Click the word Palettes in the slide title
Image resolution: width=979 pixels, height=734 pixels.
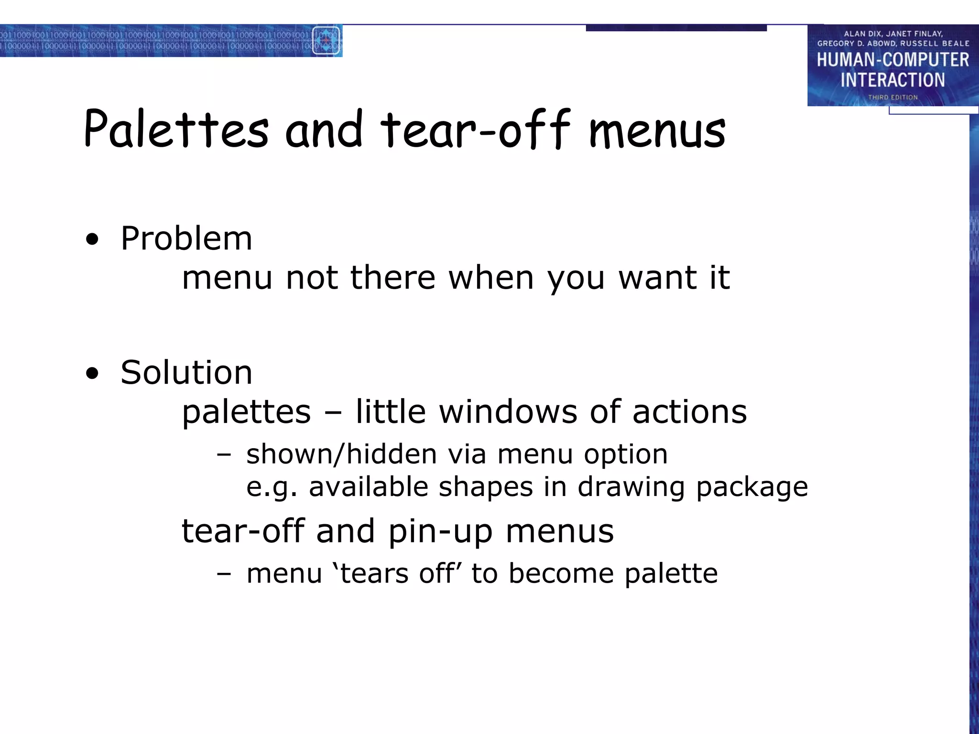click(176, 129)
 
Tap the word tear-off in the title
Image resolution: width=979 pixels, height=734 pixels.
click(475, 129)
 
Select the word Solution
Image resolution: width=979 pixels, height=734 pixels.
click(186, 372)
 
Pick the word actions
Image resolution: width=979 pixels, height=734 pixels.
click(689, 411)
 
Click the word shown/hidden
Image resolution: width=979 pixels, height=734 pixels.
click(342, 453)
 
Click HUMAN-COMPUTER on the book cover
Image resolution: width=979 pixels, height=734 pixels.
click(892, 60)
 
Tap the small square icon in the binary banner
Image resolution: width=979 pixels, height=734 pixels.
click(326, 41)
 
